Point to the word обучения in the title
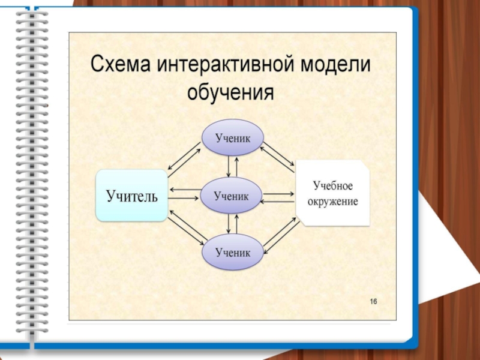(x=230, y=93)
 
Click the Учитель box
(x=132, y=196)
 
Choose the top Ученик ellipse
(x=232, y=137)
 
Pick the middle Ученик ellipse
(x=232, y=196)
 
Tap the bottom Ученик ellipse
(x=232, y=253)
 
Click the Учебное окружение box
(x=333, y=193)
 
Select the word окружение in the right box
(x=333, y=202)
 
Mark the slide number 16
(x=373, y=301)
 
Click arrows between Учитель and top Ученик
(x=184, y=159)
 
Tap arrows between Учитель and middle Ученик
(x=185, y=194)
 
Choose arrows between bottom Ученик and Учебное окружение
(x=280, y=233)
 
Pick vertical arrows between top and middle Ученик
(x=232, y=166)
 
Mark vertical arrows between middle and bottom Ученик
(x=232, y=224)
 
